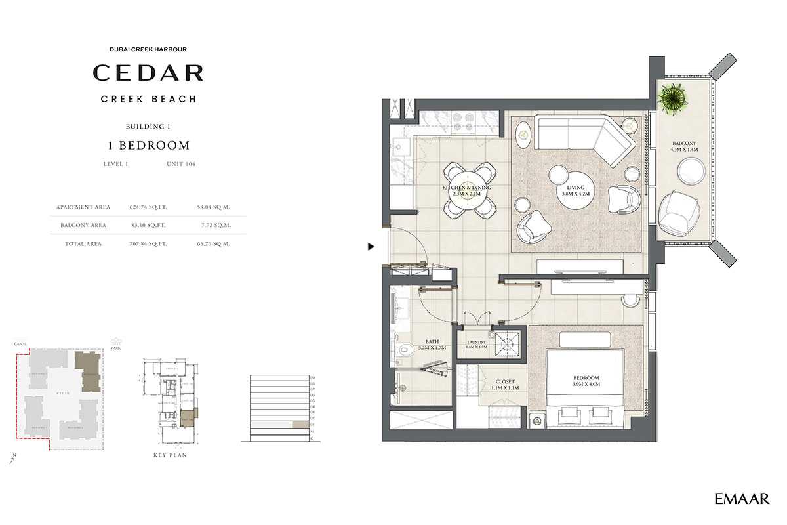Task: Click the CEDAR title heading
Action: point(148,72)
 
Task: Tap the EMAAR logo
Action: point(742,499)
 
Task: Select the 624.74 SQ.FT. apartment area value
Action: point(149,207)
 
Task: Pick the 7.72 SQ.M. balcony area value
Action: point(213,225)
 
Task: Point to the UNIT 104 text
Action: point(181,164)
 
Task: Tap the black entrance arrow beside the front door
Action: point(371,247)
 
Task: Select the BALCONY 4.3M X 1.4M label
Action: point(684,146)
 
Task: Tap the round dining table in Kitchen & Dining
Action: point(468,190)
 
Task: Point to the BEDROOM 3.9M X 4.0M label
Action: point(586,381)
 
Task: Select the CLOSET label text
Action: point(505,385)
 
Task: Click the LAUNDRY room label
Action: point(476,345)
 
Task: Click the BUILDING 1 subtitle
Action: point(148,126)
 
